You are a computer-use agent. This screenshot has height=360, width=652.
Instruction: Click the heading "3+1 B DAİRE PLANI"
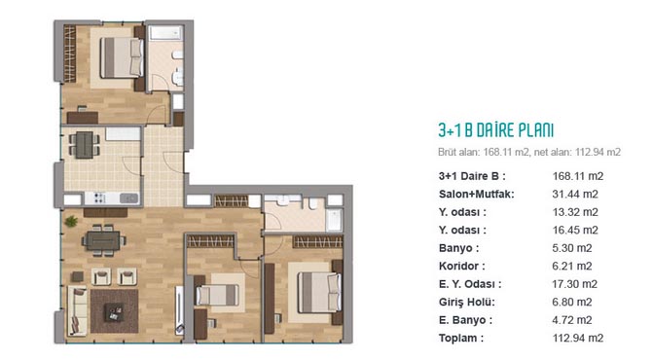[x=495, y=130]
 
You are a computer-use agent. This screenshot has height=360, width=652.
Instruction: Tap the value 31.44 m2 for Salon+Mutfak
[x=575, y=195]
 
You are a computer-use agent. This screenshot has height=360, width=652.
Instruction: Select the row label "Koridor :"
[x=461, y=266]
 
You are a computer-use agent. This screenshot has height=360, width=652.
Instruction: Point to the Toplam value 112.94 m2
[x=578, y=338]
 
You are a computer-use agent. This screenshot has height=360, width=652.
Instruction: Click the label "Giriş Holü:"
[x=467, y=303]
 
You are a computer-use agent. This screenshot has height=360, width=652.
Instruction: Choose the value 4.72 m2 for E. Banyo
[x=572, y=320]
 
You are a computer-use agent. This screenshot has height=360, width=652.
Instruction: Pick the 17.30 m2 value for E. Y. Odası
[x=575, y=284]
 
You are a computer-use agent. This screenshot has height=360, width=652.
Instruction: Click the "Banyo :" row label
[x=458, y=248]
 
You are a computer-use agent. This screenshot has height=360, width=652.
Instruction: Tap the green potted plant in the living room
[x=71, y=221]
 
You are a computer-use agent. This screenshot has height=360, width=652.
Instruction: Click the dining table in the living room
[x=103, y=240]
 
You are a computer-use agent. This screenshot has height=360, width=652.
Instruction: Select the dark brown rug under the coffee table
[x=115, y=311]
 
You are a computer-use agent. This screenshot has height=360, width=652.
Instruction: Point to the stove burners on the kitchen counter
[x=99, y=198]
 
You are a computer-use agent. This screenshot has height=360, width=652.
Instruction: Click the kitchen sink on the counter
[x=128, y=198]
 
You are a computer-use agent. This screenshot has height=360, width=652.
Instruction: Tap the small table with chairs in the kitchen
[x=84, y=145]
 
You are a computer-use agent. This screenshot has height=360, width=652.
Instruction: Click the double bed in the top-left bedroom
[x=122, y=57]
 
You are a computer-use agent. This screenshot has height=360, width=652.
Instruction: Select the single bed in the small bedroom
[x=216, y=295]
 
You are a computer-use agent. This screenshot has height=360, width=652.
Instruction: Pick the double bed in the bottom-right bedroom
[x=319, y=292]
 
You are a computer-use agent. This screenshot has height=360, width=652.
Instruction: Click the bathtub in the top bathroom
[x=165, y=33]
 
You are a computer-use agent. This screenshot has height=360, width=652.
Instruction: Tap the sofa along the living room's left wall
[x=78, y=311]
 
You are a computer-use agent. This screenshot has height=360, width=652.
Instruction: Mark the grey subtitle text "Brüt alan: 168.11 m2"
[x=484, y=152]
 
